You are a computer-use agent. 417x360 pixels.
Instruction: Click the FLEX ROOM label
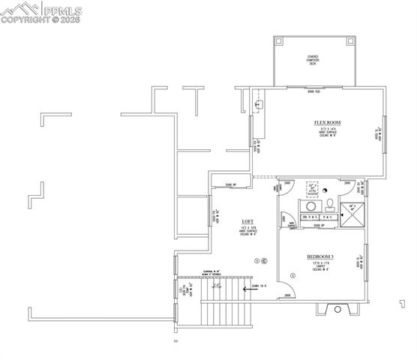[x=328, y=122]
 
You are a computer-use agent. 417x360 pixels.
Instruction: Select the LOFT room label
[x=247, y=222]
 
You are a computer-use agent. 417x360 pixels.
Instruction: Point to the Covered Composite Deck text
[x=313, y=59]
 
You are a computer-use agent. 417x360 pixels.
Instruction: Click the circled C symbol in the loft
[x=264, y=260]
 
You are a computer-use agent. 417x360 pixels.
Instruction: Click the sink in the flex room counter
[x=259, y=106]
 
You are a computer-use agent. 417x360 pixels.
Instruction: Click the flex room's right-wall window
[x=384, y=135]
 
